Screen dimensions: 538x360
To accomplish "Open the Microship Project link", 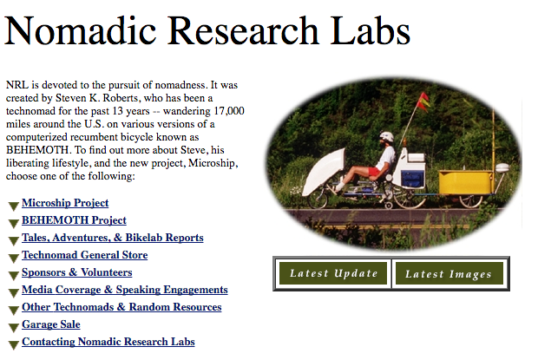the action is (65, 203).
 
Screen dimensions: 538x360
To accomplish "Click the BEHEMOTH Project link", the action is (74, 220).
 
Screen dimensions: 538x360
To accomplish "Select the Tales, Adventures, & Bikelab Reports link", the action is (113, 238).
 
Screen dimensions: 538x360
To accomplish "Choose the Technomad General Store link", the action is (85, 255).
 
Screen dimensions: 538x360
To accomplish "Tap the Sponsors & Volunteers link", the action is (77, 272).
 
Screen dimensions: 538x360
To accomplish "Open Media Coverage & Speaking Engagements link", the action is (125, 290).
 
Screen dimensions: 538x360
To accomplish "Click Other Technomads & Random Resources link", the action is (121, 307).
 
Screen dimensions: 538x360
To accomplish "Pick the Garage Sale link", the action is (51, 324).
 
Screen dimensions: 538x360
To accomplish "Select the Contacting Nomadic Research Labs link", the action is (108, 342).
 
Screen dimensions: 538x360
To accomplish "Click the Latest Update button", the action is (333, 273).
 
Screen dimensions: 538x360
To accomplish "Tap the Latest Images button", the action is (449, 273).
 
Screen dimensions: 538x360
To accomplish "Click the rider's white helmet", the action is (387, 136).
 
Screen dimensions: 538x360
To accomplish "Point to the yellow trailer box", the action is (466, 182).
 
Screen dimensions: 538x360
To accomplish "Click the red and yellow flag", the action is (423, 101).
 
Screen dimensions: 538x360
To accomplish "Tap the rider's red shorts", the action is (375, 171).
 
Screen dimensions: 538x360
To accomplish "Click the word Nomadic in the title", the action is (81, 30).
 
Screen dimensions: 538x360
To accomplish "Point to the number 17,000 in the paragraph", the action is (229, 111).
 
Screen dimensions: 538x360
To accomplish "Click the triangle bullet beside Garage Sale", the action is (14, 328).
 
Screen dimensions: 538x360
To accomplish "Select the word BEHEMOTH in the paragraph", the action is (37, 150).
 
